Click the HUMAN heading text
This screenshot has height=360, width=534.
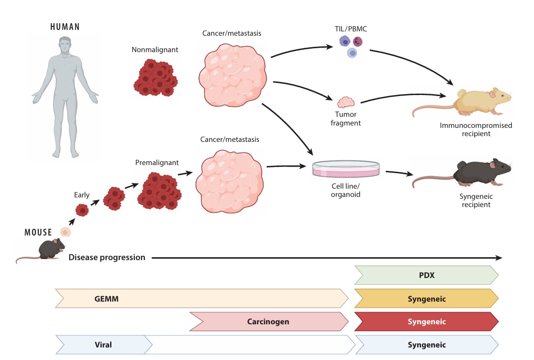pos(65,27)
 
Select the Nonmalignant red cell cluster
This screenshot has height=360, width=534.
pos(154,78)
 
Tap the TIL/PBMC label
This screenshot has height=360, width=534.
pos(351,28)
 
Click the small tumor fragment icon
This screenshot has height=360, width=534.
pos(346,102)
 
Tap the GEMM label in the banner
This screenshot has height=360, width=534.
pos(107,299)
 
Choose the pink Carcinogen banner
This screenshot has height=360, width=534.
pos(268,321)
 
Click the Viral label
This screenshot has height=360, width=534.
pos(103,345)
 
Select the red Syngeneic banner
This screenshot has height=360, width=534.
pos(426,321)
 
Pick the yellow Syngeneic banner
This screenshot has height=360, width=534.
pos(426,299)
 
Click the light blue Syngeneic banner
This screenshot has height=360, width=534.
pos(426,345)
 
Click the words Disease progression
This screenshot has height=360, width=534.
pos(107,257)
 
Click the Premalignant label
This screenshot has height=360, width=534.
pos(151,162)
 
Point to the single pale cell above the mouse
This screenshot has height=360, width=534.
pos(65,233)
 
